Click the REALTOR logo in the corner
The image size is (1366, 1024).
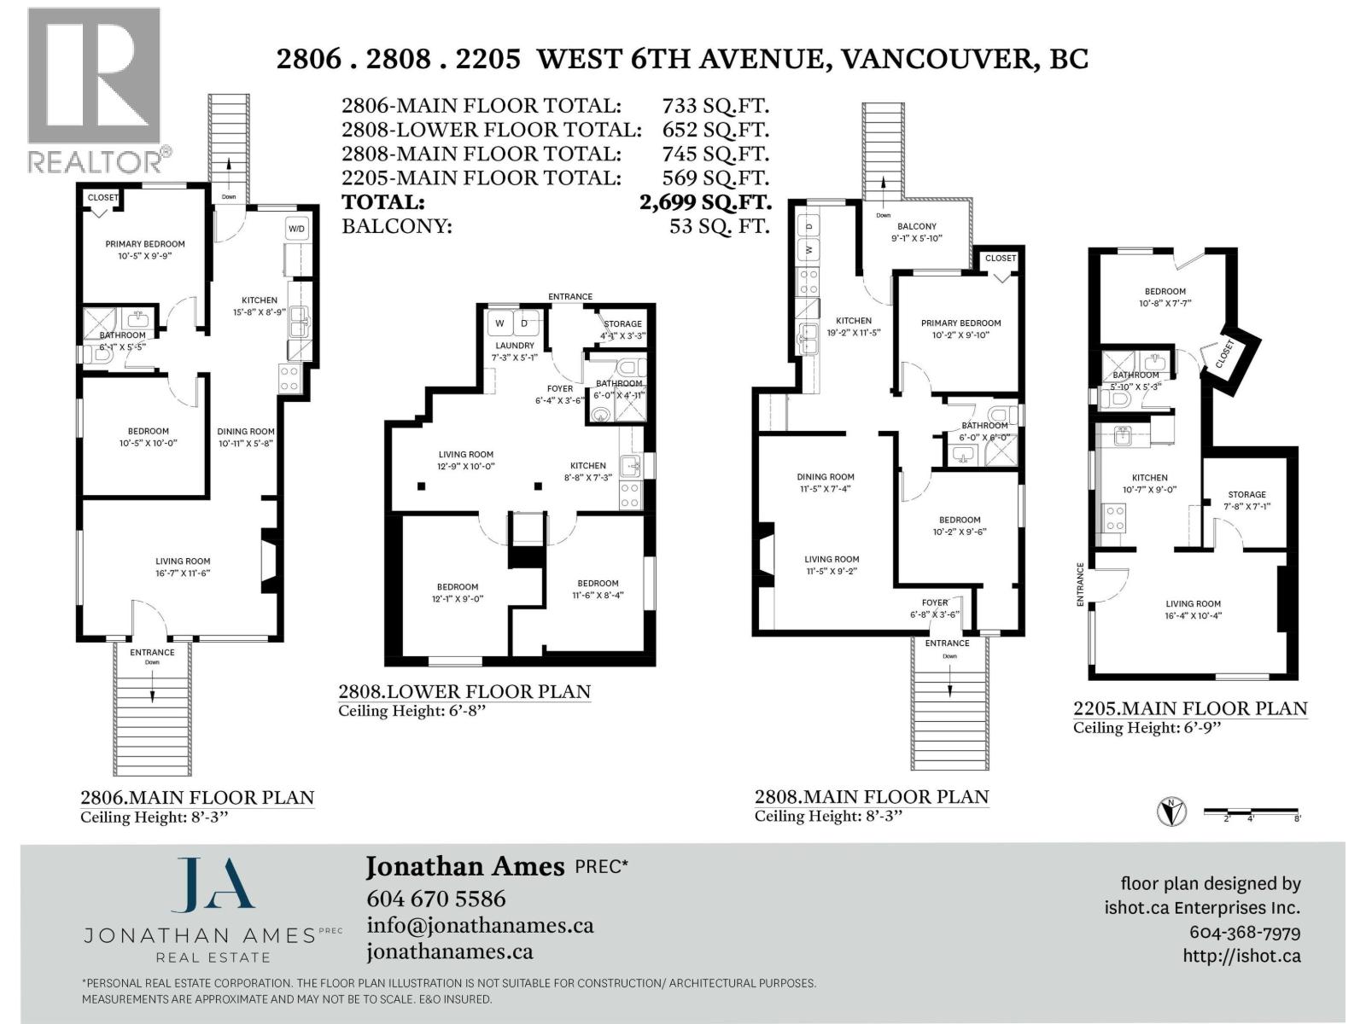tap(94, 90)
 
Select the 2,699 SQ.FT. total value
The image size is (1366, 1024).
tap(705, 202)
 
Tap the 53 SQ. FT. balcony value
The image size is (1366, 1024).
tap(720, 226)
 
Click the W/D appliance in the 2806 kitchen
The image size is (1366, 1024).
tap(296, 229)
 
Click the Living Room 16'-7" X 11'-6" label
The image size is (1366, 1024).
tap(183, 567)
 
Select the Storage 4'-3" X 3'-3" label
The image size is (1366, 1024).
tap(623, 329)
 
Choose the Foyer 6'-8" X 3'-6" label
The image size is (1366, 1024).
tap(935, 608)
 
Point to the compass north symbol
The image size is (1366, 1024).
tap(1171, 812)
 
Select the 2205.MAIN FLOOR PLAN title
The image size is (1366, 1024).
tap(1190, 708)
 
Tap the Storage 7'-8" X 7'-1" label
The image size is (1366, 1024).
tap(1246, 500)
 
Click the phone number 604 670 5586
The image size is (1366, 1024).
tap(435, 899)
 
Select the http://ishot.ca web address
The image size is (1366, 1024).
tap(1241, 956)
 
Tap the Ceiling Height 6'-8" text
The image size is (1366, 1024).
tap(412, 711)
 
